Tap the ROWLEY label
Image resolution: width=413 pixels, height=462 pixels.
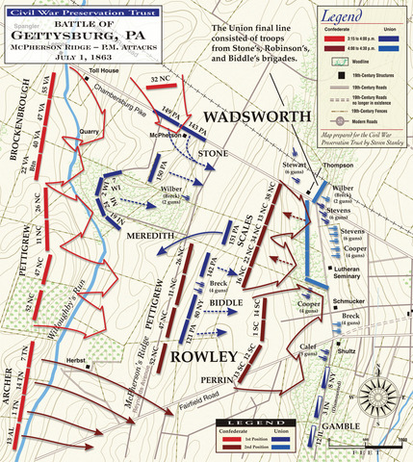pyautogui.click(x=204, y=356)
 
